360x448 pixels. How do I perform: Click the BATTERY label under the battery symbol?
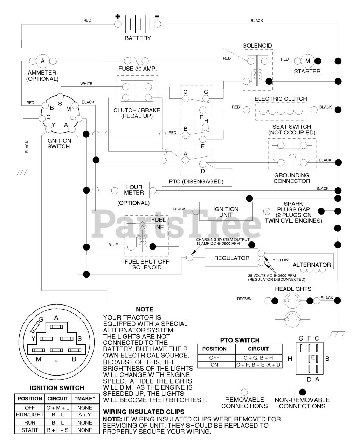coord(138,38)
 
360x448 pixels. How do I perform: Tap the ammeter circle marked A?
coord(43,61)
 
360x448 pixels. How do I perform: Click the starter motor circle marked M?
coord(307,61)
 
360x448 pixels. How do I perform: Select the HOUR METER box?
coord(134,190)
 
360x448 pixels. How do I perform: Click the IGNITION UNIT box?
coord(226,211)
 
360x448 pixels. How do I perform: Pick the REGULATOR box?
coord(231,258)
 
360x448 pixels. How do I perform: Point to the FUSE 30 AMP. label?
coord(138,69)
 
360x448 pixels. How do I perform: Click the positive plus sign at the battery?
coord(118,16)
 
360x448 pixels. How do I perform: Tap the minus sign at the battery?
coord(157,16)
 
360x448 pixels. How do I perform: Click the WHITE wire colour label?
coord(86,84)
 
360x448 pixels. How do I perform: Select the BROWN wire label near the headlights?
coord(244,299)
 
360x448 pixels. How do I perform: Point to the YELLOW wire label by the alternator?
coord(281,260)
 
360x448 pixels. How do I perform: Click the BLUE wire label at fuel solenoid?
coord(113,245)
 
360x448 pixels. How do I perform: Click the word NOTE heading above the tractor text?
coord(145,309)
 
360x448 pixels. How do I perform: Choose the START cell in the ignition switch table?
coord(29,430)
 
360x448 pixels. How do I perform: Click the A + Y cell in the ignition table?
coord(85,415)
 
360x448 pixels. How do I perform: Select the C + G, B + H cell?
coord(258,358)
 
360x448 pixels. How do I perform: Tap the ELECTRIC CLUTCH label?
coord(281,99)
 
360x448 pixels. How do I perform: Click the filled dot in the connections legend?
coord(302,392)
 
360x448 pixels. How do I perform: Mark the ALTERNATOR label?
coord(312,265)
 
